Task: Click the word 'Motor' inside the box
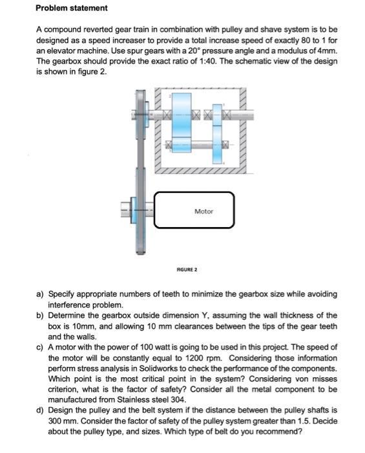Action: click(x=203, y=211)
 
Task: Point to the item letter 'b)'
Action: click(x=40, y=315)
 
